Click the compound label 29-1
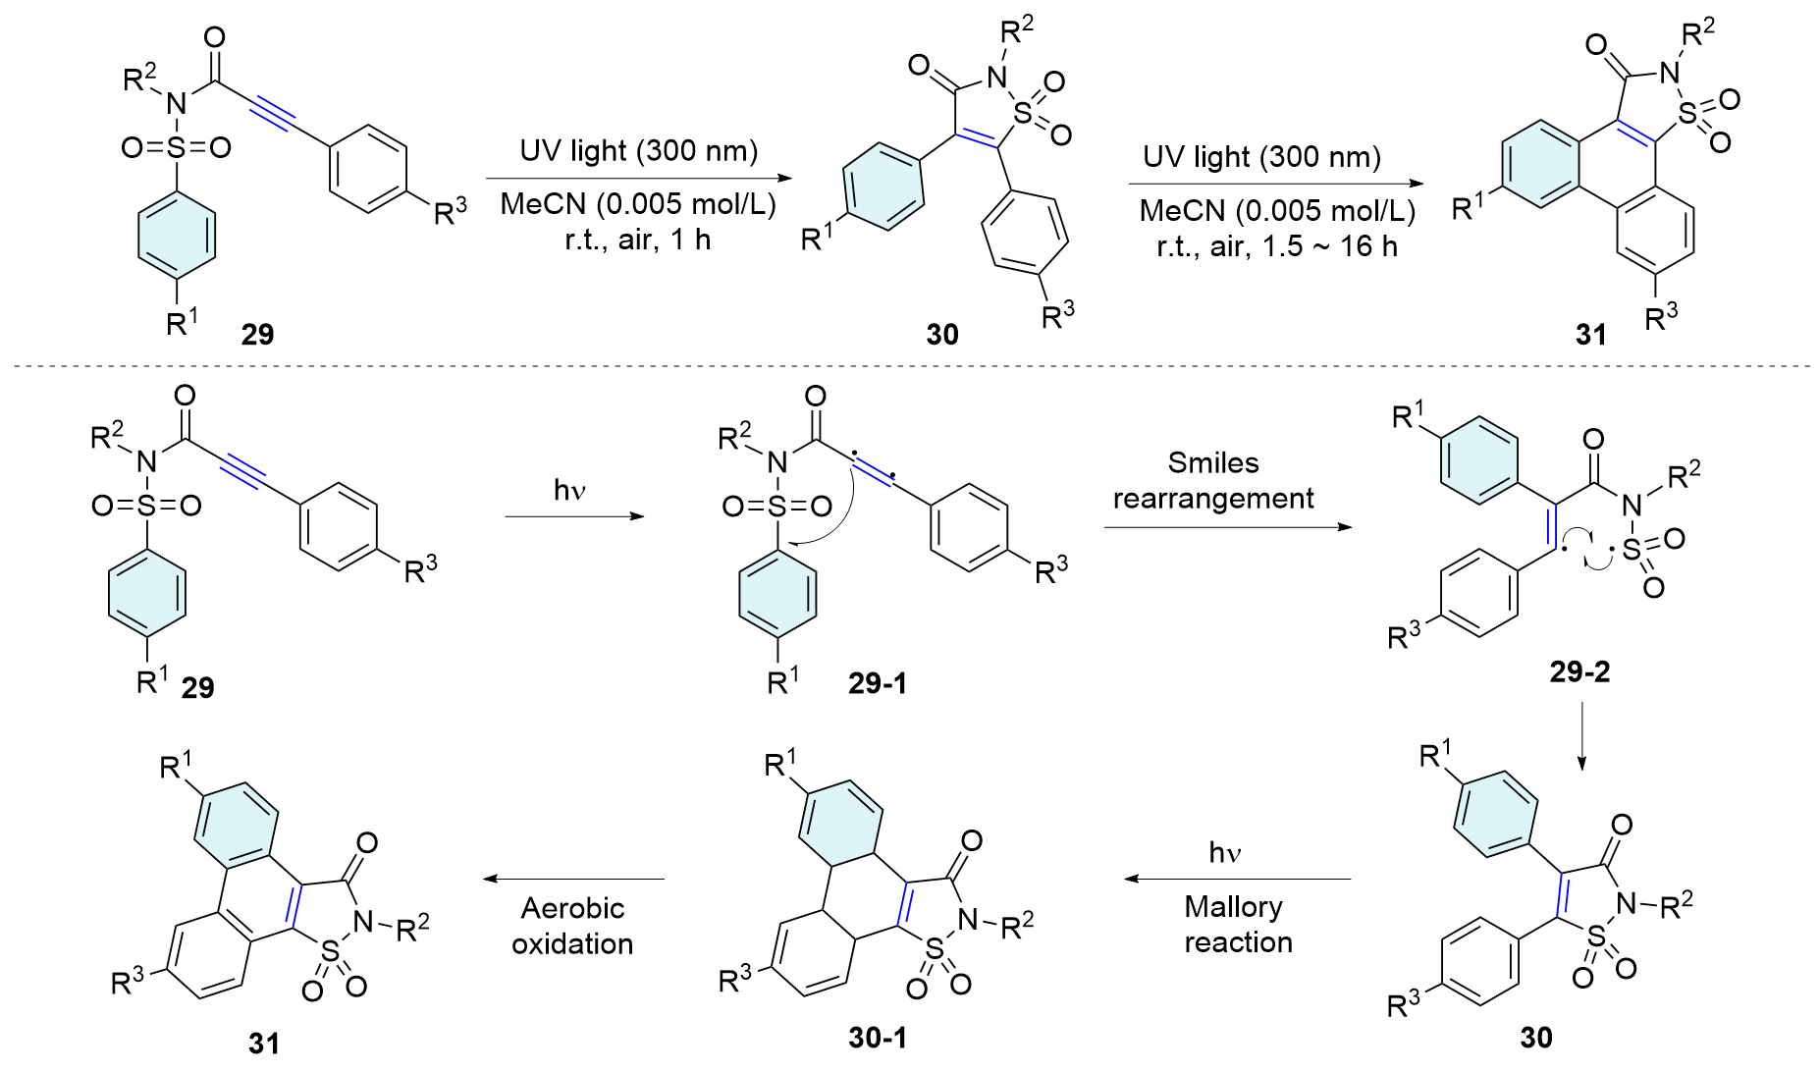coord(878,683)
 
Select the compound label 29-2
coord(1579,671)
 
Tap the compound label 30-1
coord(878,1038)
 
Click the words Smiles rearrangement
coord(1213,481)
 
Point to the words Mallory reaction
coord(1237,924)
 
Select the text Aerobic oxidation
coord(572,926)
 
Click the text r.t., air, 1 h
coord(637,240)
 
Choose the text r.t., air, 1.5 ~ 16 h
coord(1276,246)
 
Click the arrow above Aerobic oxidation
coord(573,880)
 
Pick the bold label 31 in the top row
coord(1591,335)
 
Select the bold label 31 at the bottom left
coord(264,1043)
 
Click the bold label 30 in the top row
coord(942,335)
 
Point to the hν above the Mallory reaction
coord(1225,853)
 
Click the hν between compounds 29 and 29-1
coord(569,490)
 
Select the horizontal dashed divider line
coord(909,367)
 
